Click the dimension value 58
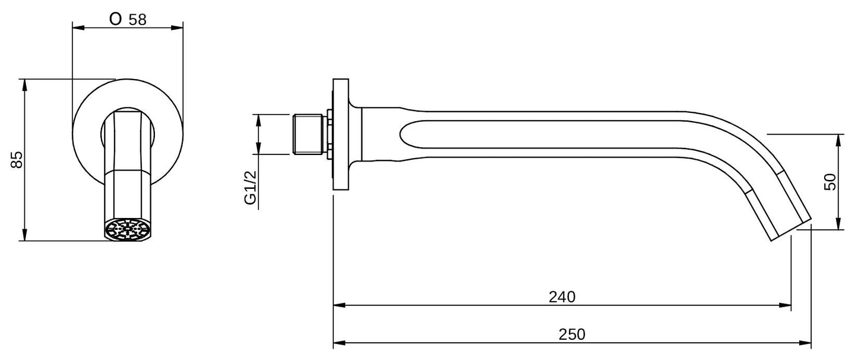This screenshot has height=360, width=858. (137, 20)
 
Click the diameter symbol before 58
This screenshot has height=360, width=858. (116, 18)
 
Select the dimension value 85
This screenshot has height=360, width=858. (17, 159)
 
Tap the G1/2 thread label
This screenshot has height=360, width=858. (250, 188)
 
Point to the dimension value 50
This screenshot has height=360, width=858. (829, 182)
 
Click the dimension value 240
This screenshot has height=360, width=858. (562, 297)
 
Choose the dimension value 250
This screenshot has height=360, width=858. (572, 334)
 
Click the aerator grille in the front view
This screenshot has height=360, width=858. (127, 230)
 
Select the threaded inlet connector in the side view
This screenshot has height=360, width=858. (308, 134)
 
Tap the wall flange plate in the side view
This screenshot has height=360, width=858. (341, 134)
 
